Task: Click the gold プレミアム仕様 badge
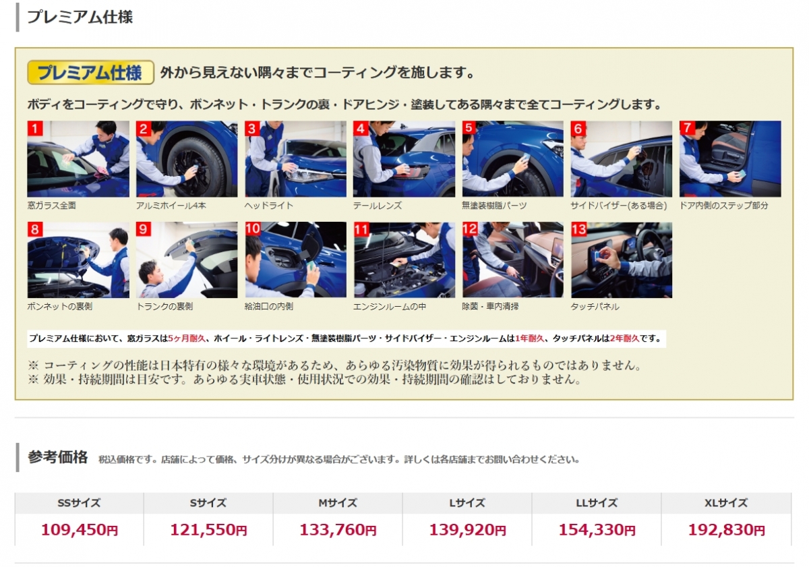(x=90, y=73)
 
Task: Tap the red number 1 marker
(x=35, y=128)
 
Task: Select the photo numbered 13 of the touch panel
(x=621, y=260)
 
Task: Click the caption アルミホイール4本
(x=171, y=206)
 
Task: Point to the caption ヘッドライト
(x=269, y=206)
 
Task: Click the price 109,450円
(x=80, y=530)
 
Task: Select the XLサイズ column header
(x=726, y=503)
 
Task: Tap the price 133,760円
(x=338, y=530)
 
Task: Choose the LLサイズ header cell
(x=597, y=503)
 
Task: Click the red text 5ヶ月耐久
(x=187, y=338)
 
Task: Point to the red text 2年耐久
(x=625, y=338)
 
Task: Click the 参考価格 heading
(x=58, y=457)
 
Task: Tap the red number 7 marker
(x=687, y=128)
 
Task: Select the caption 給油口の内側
(x=269, y=307)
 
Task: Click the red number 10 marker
(x=253, y=229)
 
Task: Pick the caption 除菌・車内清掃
(x=490, y=307)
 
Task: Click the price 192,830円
(x=726, y=530)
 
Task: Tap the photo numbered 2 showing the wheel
(x=187, y=159)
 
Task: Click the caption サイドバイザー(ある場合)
(x=619, y=206)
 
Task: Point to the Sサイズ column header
(x=208, y=503)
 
